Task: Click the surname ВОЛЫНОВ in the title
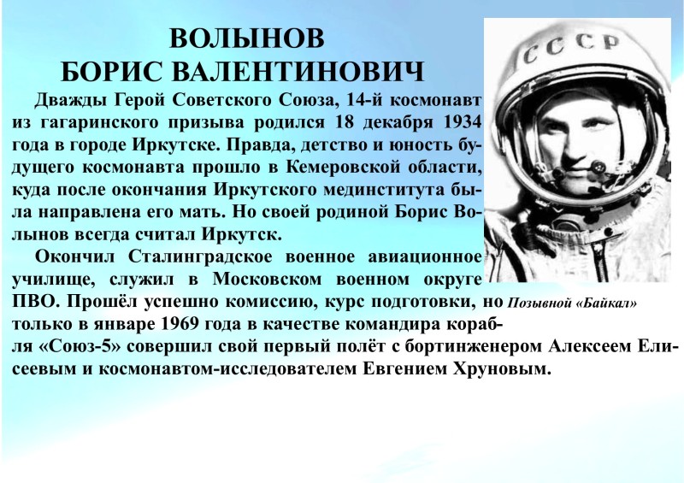[247, 38]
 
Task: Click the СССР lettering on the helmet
[571, 46]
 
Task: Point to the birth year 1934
[462, 121]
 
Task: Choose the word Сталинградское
[200, 257]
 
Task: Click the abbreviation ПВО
[30, 302]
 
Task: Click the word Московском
[267, 279]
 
